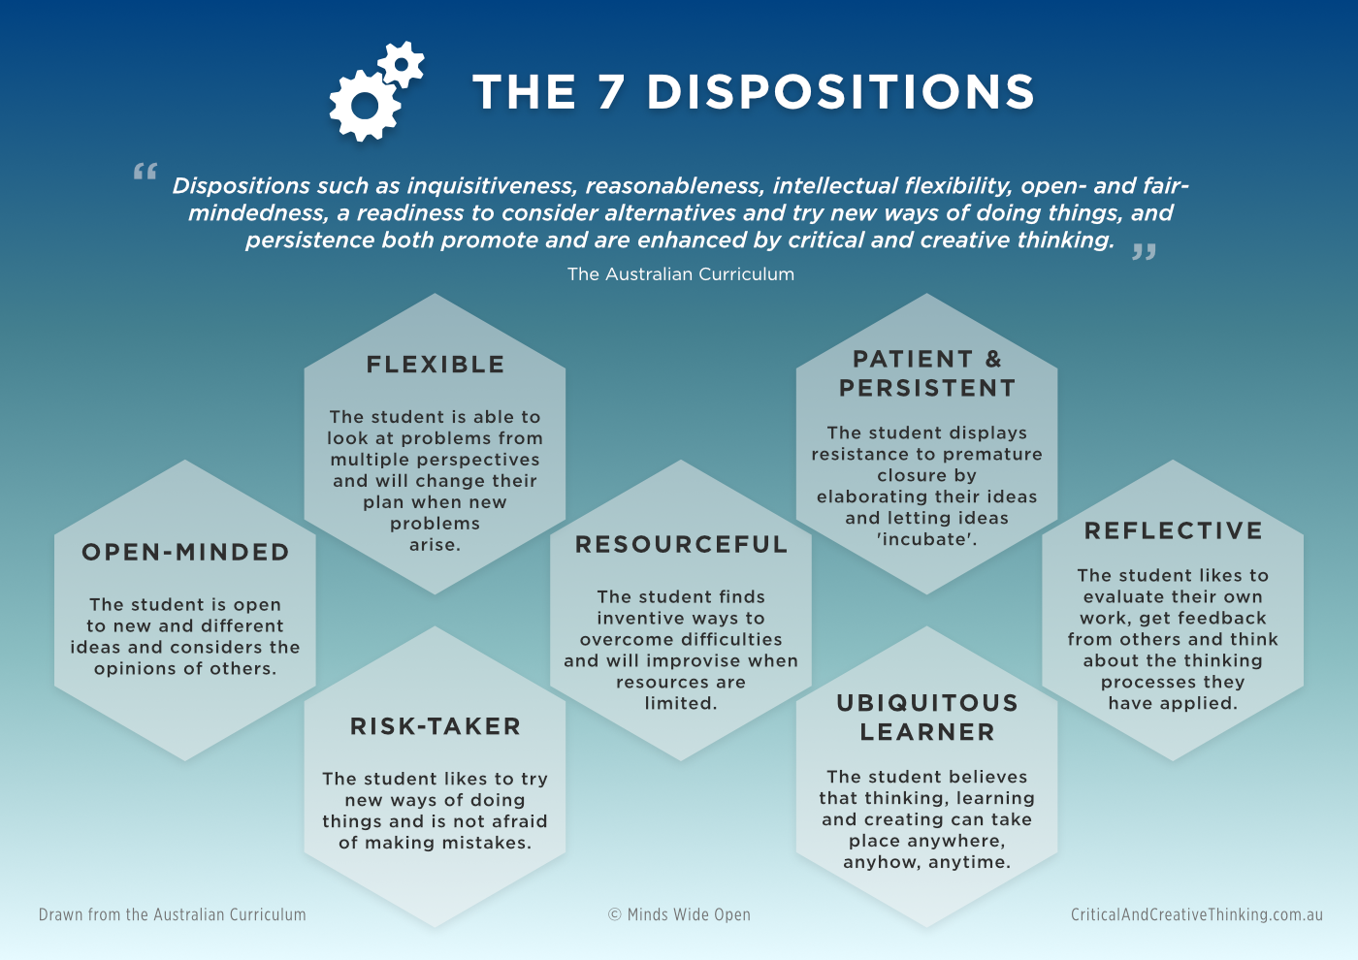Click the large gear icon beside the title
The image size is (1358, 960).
(364, 105)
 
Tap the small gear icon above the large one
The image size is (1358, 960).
(402, 63)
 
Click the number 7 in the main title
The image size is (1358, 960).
(611, 92)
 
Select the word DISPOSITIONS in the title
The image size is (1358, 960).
(841, 92)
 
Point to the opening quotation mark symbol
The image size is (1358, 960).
(145, 173)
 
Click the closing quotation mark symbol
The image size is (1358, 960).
(1145, 252)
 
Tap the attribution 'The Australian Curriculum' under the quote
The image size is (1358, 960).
(681, 274)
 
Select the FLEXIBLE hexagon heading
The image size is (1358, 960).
(436, 365)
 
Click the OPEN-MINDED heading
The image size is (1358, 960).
(185, 552)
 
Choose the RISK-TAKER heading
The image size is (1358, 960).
(436, 726)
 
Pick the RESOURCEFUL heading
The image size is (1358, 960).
(681, 545)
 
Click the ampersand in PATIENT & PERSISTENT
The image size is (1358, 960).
(993, 360)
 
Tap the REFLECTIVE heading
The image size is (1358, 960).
(1174, 531)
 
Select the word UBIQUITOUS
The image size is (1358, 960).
(927, 703)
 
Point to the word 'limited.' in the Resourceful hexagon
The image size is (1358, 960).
(681, 704)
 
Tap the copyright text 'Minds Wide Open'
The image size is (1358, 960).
(689, 914)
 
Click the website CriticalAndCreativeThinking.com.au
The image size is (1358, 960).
(1197, 914)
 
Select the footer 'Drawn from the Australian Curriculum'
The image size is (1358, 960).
(173, 914)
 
